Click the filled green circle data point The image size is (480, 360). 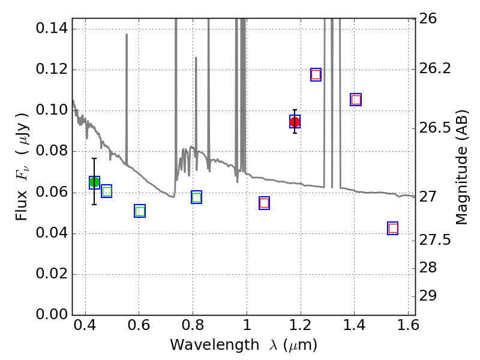94,182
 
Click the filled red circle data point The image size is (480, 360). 295,122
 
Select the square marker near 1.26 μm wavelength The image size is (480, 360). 316,74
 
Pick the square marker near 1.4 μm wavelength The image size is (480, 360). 356,100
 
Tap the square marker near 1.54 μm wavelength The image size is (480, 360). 393,228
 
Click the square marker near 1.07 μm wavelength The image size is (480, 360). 264,203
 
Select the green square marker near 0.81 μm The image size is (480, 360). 196,197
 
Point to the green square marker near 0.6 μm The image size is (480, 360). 140,211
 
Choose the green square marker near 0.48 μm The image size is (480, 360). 107,191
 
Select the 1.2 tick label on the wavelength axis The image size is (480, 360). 300,329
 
